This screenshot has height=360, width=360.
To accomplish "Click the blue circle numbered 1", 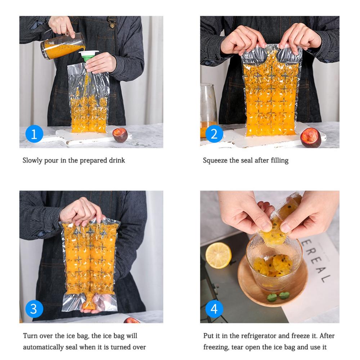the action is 34,134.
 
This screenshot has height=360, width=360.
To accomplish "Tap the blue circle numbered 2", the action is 214,134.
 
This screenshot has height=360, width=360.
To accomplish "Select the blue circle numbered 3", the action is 34,309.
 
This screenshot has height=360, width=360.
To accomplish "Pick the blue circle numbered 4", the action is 214,309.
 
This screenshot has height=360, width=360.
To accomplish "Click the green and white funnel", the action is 89,55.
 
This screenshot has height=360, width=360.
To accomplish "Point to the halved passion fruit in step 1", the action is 120,135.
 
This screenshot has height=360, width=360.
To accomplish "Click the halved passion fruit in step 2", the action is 311,137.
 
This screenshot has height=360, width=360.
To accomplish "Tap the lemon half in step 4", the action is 219,255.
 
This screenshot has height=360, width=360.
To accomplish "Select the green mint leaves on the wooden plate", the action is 278,296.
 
